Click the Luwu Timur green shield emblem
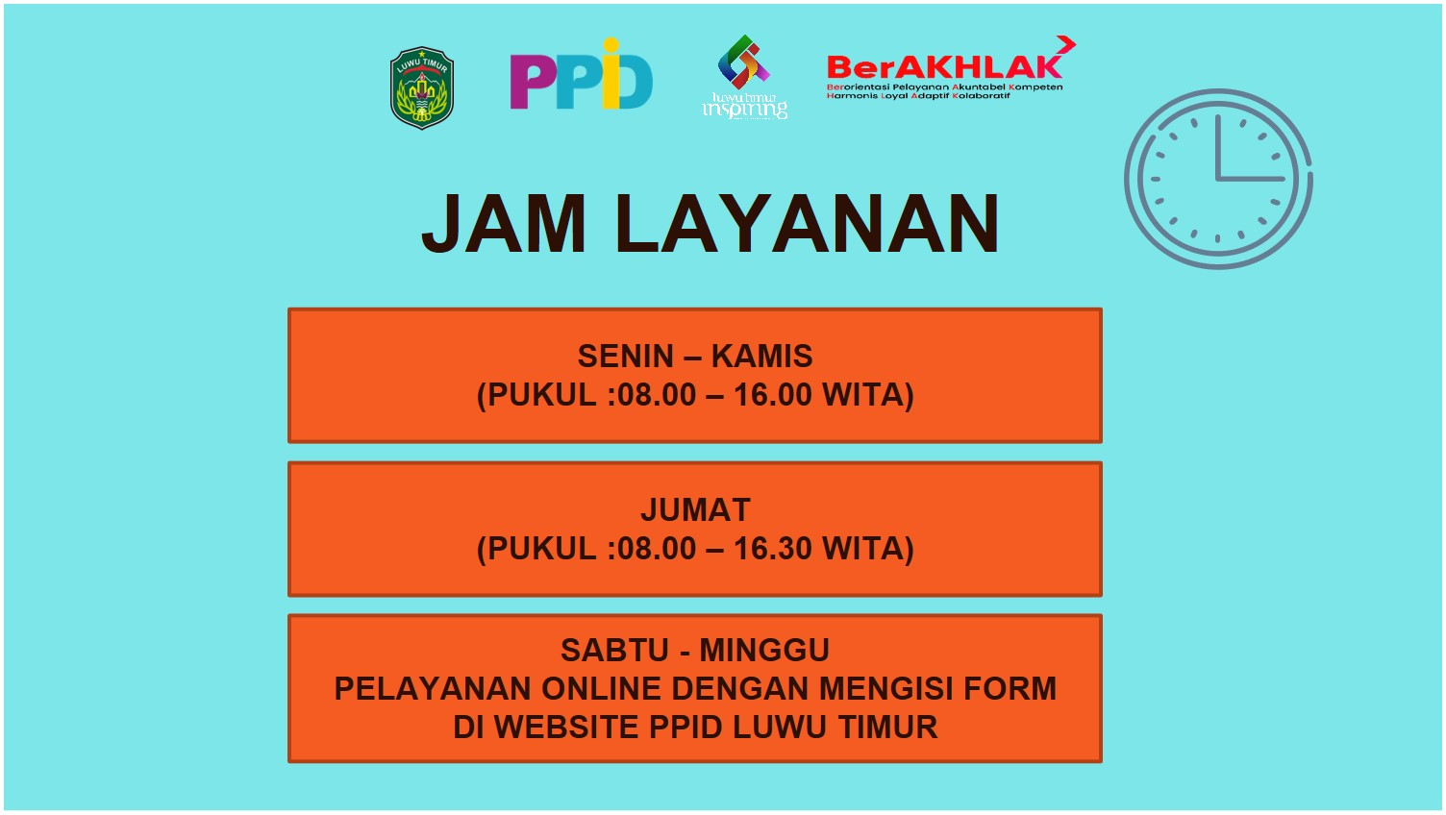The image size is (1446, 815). [421, 87]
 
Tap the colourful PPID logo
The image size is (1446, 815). [581, 74]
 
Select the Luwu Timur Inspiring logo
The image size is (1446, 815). [744, 77]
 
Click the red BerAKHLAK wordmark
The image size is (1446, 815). [944, 66]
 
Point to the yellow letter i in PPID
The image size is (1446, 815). [611, 73]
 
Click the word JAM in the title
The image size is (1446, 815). [504, 223]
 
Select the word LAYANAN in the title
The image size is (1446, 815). [807, 223]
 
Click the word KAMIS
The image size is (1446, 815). [761, 357]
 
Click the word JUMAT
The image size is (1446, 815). [695, 509]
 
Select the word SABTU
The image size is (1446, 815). [614, 650]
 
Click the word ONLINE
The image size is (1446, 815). [601, 688]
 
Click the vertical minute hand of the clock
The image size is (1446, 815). [1218, 147]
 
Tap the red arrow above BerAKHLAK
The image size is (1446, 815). [1066, 44]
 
